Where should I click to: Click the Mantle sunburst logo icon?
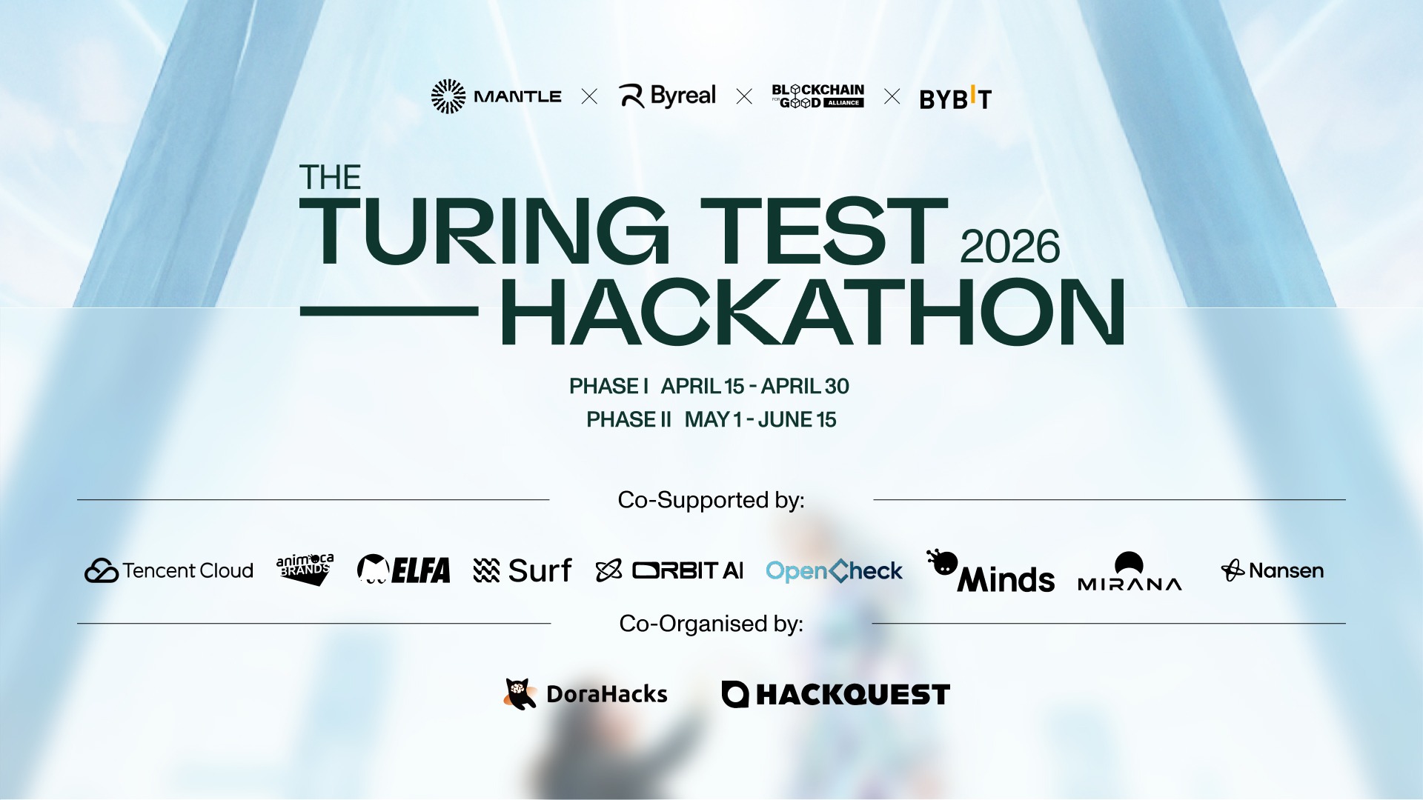pyautogui.click(x=448, y=96)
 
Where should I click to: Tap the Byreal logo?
pyautogui.click(x=667, y=96)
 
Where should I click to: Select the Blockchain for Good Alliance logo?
pyautogui.click(x=818, y=96)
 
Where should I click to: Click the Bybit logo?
pyautogui.click(x=955, y=98)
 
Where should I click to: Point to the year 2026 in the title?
pyautogui.click(x=1009, y=247)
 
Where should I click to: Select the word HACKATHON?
pyautogui.click(x=813, y=312)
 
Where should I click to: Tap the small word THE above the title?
pyautogui.click(x=330, y=178)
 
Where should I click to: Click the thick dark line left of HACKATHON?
pyautogui.click(x=389, y=311)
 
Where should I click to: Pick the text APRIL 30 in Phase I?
pyautogui.click(x=805, y=387)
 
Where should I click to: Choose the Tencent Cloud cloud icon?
pyautogui.click(x=102, y=570)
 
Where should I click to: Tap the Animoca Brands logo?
pyautogui.click(x=305, y=569)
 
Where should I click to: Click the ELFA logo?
pyautogui.click(x=403, y=570)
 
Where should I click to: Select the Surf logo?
pyautogui.click(x=523, y=570)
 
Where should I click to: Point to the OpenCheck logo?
pyautogui.click(x=834, y=570)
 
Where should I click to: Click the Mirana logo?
pyautogui.click(x=1130, y=571)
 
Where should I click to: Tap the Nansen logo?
pyautogui.click(x=1272, y=570)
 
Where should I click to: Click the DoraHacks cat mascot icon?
pyautogui.click(x=520, y=694)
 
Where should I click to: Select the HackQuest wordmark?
pyautogui.click(x=853, y=695)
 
